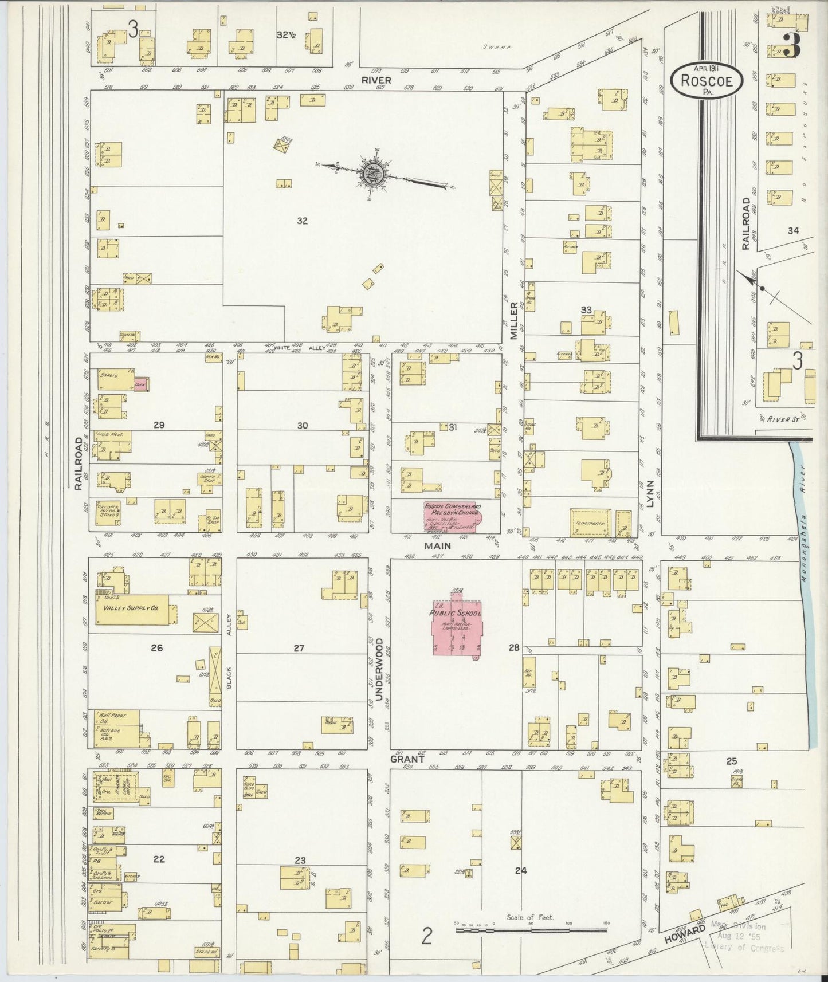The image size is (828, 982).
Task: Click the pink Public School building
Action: point(457,628)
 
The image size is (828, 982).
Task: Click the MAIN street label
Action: point(437,547)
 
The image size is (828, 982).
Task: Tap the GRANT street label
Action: point(407,759)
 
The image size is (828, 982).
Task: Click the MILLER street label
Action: point(514,321)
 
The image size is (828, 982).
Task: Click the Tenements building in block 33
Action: point(591,523)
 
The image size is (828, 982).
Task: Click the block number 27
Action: point(299,649)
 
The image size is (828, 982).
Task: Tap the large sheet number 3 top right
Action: point(791,46)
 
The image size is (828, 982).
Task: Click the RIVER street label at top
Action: point(376,80)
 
